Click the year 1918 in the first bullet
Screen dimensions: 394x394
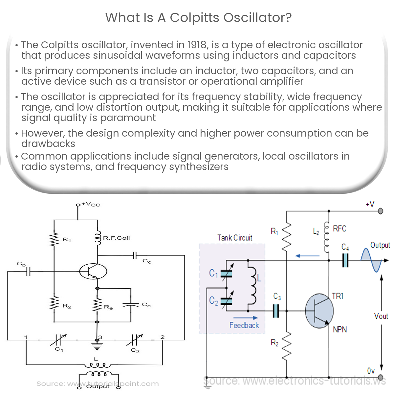click(197, 45)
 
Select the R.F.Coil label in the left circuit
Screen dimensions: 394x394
click(117, 238)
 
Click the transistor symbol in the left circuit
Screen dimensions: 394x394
click(93, 272)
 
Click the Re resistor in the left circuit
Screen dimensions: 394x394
click(97, 305)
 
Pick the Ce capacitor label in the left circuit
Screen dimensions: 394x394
click(146, 305)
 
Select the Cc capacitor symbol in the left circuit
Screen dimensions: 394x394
click(135, 255)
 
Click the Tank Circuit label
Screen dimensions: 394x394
click(235, 238)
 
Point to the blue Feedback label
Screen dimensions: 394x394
click(244, 325)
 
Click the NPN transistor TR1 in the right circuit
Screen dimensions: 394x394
click(319, 311)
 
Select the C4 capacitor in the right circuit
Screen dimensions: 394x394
click(345, 261)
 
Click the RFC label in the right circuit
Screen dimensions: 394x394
click(339, 229)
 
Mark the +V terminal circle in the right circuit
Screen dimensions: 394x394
click(381, 211)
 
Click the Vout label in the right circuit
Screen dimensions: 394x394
click(381, 316)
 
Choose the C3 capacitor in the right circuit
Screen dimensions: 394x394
click(276, 311)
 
